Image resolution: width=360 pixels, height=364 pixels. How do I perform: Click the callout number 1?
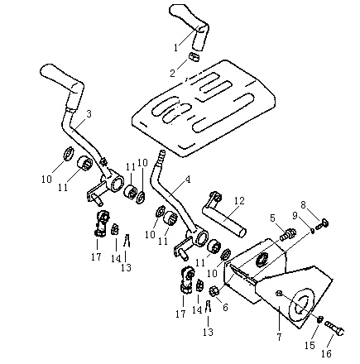pos(176,47)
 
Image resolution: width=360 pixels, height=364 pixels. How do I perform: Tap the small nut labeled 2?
pos(194,57)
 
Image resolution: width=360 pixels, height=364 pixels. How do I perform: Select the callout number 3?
pos(89,114)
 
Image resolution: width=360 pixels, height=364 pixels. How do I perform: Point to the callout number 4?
pos(188,180)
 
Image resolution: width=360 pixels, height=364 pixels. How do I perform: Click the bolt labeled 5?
pos(288,234)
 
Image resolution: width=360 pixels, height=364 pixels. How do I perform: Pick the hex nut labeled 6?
pos(215,291)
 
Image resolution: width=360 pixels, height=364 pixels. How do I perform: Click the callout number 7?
pos(279,337)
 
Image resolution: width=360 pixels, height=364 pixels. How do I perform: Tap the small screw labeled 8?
pos(321,224)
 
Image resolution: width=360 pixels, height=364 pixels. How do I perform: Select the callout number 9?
pos(295,215)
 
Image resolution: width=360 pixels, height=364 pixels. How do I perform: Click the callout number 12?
pos(239,201)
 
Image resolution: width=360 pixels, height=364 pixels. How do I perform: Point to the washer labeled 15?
pos(320,319)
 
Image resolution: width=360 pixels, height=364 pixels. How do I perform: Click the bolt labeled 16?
pos(334,328)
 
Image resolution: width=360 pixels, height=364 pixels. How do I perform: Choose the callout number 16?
pos(326,353)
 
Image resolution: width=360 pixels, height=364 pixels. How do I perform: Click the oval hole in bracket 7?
pos(300,305)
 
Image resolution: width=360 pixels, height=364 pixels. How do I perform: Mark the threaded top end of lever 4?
pos(159,157)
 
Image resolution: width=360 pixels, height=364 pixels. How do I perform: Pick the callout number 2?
pos(172,74)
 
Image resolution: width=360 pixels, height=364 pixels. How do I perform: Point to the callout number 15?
pos(310,345)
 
